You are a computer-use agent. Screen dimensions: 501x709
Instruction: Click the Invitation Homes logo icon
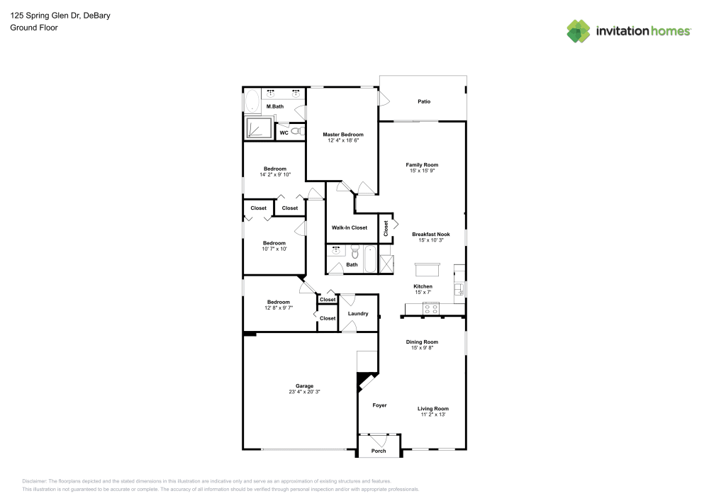(578, 31)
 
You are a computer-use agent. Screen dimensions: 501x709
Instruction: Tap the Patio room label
(423, 101)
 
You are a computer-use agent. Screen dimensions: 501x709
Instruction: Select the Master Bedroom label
(342, 135)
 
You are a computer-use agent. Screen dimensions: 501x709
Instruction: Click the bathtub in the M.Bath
(252, 101)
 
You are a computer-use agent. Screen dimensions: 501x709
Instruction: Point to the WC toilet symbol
(298, 131)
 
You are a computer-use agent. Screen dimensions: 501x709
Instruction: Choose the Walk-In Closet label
(350, 227)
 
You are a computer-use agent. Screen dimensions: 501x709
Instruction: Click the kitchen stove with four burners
(430, 308)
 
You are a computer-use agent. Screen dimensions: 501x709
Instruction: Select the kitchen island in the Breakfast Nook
(427, 270)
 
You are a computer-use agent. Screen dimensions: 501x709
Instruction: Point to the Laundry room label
(357, 313)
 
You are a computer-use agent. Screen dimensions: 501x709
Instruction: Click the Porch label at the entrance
(379, 451)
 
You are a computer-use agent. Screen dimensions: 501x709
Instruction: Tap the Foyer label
(379, 405)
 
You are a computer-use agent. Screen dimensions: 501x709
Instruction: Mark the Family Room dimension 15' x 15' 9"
(422, 171)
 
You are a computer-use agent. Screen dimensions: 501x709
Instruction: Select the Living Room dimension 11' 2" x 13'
(432, 415)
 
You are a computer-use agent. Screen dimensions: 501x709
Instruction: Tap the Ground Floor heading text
(33, 28)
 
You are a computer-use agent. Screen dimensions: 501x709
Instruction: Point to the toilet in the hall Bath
(355, 251)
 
